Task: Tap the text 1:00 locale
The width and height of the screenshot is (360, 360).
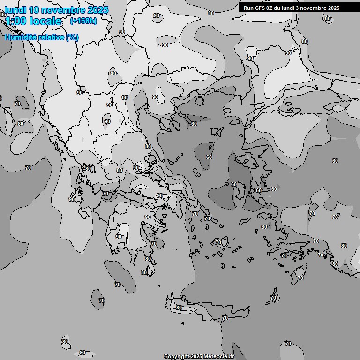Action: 33,21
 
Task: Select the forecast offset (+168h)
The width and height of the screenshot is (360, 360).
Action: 83,21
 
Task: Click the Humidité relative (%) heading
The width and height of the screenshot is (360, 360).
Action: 41,37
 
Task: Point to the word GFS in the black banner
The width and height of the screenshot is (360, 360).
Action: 268,8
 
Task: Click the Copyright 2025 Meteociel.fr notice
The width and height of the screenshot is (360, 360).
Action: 198,356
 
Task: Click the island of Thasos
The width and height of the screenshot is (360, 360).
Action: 200,100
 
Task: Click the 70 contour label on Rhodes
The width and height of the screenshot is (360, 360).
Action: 300,278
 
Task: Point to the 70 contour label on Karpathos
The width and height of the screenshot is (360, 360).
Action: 274,298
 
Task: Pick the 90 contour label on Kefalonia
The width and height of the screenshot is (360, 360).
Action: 71,199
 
